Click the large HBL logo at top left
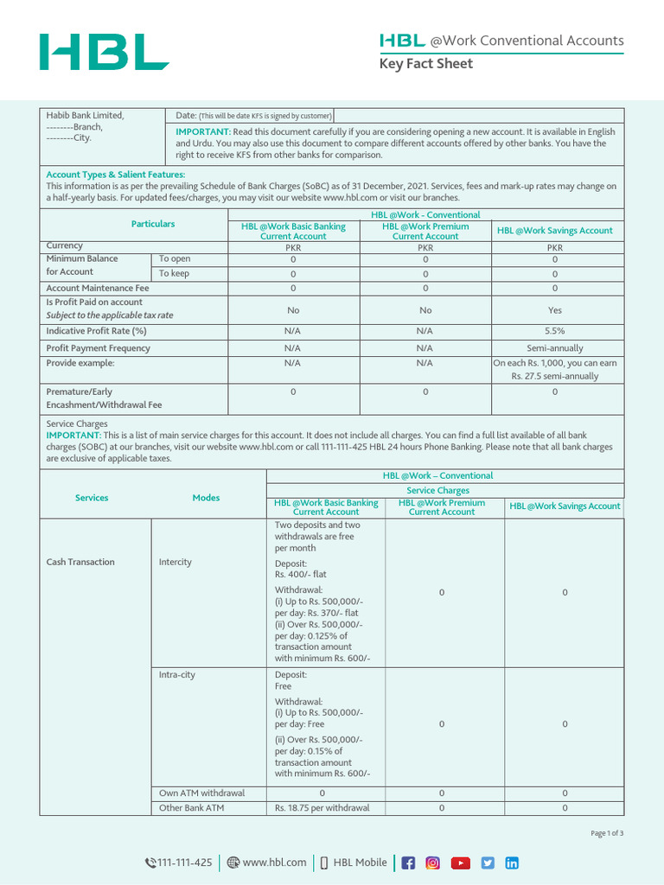coord(104,53)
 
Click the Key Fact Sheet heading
coord(427,64)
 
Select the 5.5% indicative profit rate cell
coord(554,331)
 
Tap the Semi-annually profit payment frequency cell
coord(554,348)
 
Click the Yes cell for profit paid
coord(554,309)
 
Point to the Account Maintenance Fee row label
coord(98,289)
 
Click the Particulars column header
coord(153,224)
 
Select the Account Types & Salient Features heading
coord(115,175)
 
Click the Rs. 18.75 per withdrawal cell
coord(322,808)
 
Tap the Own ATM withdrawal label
coord(201,793)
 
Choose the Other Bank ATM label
coord(191,808)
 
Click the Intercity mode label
coord(176,563)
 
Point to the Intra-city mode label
coord(177,675)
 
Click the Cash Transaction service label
coord(80,563)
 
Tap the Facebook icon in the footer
coord(408,863)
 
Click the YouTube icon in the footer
coord(461,863)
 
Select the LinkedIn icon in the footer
coord(512,863)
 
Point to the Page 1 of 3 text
coord(607,833)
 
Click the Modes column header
coord(206,498)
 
